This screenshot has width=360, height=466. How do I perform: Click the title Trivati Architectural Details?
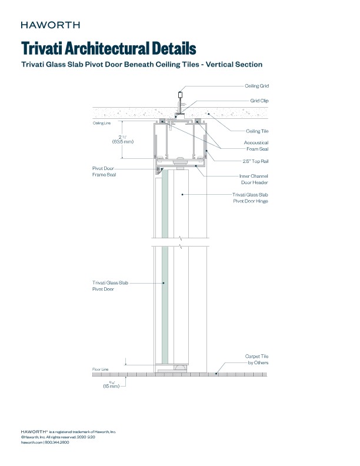click(108, 48)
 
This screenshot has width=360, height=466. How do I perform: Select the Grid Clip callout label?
click(259, 101)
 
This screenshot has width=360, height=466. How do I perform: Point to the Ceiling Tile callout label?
click(257, 131)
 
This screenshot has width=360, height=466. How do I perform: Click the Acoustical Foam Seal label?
click(256, 145)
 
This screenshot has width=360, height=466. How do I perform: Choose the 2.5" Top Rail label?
click(255, 161)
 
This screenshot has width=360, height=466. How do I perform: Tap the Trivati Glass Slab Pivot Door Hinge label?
click(251, 198)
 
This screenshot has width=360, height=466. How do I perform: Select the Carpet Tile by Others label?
click(256, 360)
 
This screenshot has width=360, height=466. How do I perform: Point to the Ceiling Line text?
click(101, 124)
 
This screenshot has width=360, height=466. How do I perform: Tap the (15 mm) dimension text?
click(111, 386)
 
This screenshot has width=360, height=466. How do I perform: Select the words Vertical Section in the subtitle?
click(232, 64)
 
